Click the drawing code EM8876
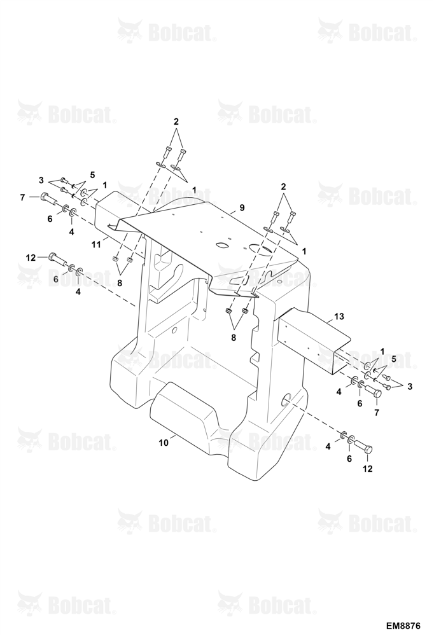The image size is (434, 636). point(403,625)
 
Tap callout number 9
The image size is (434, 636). point(242,208)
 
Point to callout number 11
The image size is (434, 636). point(95,244)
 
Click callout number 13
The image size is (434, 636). point(339,316)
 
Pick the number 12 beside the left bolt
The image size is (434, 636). point(31,258)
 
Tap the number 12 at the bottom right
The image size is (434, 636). point(367,469)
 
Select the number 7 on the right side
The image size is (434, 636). point(376,413)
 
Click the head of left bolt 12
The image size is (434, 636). point(53,256)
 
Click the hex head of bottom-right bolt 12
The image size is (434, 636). point(367,450)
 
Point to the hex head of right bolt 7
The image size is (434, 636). point(377,394)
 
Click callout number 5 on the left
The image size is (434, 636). point(92,176)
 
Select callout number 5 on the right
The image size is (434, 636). point(393,359)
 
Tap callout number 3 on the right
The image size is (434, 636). point(410,387)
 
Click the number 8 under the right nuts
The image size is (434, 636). point(234,337)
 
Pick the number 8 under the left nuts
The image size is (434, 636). point(120,283)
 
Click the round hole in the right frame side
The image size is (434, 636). point(288,399)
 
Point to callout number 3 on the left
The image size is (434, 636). point(41,180)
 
